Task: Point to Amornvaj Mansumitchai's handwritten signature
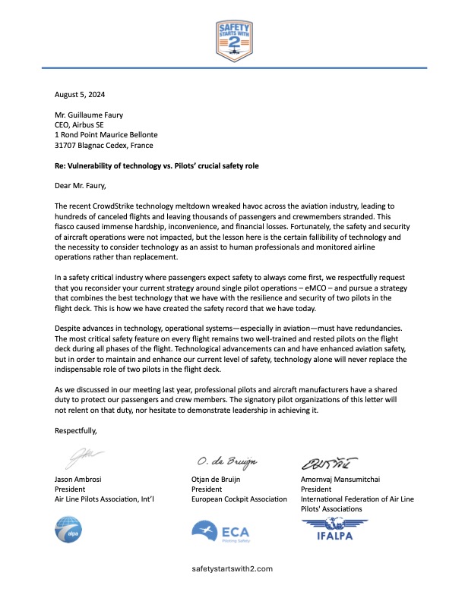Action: tap(331, 460)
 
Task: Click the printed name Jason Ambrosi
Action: tap(80, 479)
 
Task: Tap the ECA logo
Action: tap(221, 532)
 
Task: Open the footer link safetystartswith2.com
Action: tap(232, 568)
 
